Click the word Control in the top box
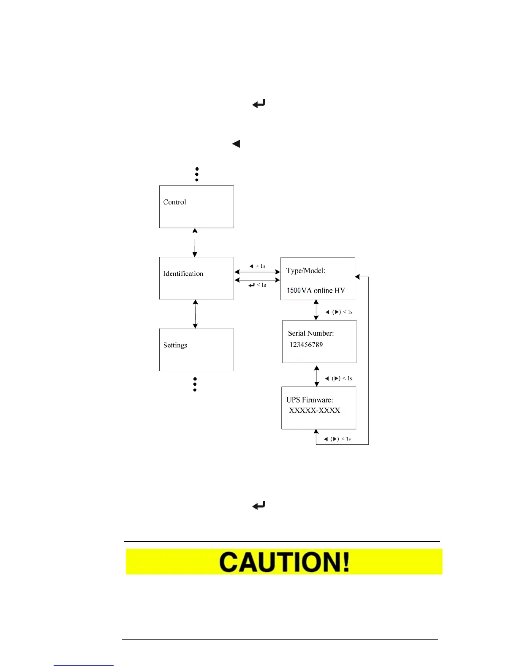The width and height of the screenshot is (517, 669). tap(174, 202)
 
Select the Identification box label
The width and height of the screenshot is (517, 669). tap(183, 273)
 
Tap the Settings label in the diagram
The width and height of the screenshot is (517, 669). tap(175, 345)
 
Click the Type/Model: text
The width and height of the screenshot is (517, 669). tap(306, 271)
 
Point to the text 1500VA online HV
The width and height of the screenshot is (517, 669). tap(316, 291)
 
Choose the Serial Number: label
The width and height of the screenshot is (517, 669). tap(311, 333)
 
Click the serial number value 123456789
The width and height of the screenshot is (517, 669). tap(306, 345)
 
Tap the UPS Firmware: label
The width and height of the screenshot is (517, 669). tap(310, 400)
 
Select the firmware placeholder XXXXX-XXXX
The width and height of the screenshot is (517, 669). tap(315, 410)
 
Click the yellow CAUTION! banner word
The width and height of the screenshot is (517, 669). tap(284, 562)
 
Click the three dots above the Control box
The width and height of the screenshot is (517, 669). tap(197, 174)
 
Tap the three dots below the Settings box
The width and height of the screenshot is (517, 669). tap(195, 384)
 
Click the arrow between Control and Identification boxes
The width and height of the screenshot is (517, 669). tap(195, 242)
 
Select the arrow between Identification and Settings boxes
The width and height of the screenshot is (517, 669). tap(195, 314)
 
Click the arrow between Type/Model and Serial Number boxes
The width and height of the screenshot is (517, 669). tap(316, 310)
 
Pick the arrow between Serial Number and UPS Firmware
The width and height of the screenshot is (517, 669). tap(317, 376)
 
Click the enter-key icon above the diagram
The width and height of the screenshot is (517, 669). tap(259, 103)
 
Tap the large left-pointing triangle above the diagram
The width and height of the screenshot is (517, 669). tap(236, 144)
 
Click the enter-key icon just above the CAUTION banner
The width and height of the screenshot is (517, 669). tap(259, 505)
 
